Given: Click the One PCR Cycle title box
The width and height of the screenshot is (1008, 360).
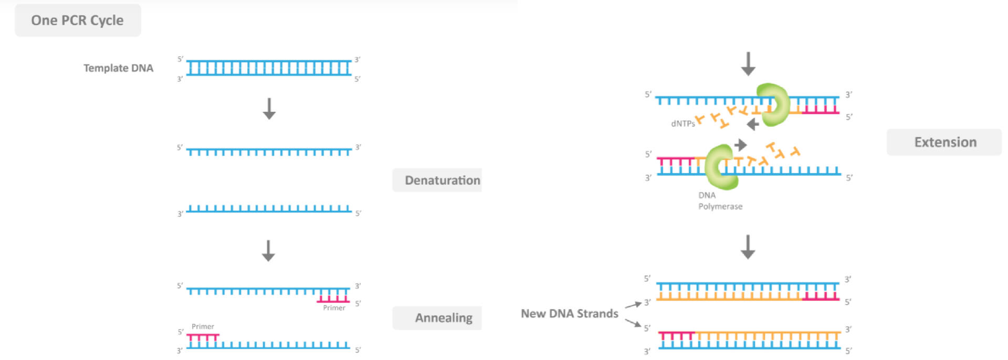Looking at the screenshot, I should tap(78, 20).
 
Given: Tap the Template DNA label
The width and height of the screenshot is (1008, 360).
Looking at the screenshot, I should tap(118, 68).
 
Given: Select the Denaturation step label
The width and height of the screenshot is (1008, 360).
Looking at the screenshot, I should tap(442, 181).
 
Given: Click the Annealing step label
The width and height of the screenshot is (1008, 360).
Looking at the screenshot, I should tap(443, 318).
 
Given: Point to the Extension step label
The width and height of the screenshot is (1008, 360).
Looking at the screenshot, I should tap(945, 142).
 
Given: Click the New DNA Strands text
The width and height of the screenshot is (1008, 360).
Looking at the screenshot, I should tap(569, 314).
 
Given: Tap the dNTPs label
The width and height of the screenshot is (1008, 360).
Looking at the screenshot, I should tap(682, 124).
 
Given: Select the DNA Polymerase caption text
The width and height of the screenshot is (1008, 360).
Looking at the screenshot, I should tap(719, 201).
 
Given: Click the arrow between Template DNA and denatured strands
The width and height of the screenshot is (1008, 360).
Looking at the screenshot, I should tap(269, 109).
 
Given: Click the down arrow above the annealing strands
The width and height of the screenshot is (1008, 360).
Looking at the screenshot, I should tap(268, 251).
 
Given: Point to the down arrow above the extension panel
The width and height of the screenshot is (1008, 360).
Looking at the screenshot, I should tap(748, 64).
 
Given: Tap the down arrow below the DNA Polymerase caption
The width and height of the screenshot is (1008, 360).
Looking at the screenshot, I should tap(748, 247).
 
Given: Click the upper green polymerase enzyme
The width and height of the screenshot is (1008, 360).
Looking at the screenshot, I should tap(773, 104).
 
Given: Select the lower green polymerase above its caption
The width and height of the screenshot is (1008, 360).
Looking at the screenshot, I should tap(721, 167).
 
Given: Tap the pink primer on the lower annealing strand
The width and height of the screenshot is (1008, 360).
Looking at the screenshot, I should tap(203, 337).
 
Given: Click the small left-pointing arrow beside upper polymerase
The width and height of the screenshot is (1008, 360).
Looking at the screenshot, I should tap(753, 124).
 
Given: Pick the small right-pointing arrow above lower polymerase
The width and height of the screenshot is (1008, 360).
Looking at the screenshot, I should tap(740, 145).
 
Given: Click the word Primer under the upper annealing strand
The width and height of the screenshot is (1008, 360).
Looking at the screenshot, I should tap(334, 308).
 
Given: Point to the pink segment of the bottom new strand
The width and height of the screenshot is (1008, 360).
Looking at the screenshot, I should tap(677, 335).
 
